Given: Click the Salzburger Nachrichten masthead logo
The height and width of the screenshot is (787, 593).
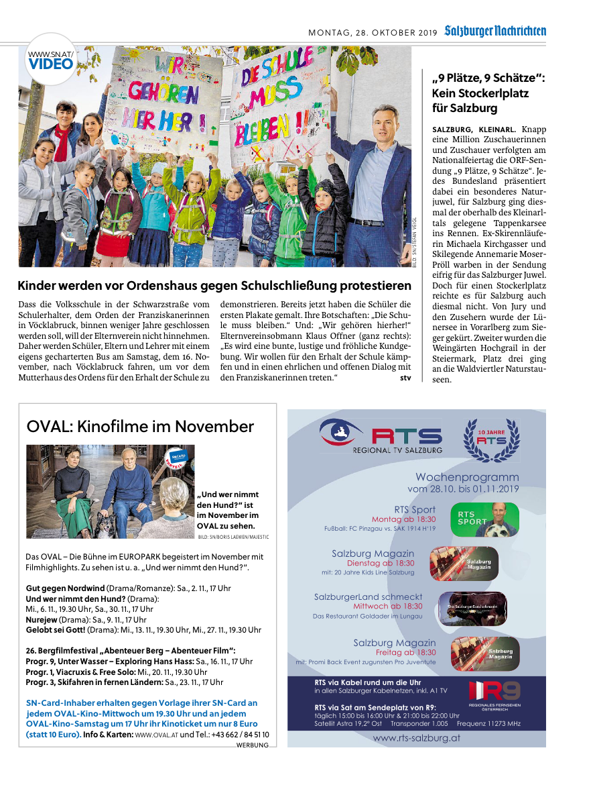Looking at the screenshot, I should click(x=495, y=31).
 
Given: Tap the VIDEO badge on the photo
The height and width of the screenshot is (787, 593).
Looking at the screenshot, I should click(x=51, y=64).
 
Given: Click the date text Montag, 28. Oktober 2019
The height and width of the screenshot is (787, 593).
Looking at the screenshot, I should click(x=372, y=32).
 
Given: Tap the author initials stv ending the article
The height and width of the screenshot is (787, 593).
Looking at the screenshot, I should click(x=405, y=378).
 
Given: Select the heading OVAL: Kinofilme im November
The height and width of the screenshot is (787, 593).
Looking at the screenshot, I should click(x=140, y=427).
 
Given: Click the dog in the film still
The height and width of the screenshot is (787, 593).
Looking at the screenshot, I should click(x=105, y=524).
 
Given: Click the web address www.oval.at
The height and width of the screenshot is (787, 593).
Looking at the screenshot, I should click(x=157, y=735).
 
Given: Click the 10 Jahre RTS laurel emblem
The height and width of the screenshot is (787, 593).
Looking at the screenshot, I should click(x=491, y=439).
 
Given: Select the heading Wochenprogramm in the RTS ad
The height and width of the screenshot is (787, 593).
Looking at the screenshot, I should click(x=467, y=477).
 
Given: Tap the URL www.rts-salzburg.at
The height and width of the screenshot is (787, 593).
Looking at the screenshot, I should click(x=416, y=737).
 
